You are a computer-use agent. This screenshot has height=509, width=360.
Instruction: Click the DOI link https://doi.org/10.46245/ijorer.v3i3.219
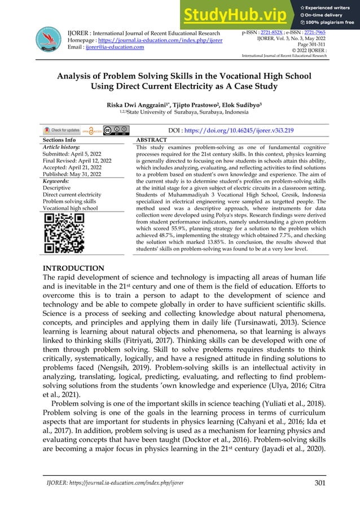click(214, 130)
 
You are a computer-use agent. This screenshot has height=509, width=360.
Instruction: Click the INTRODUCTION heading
click(73, 268)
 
